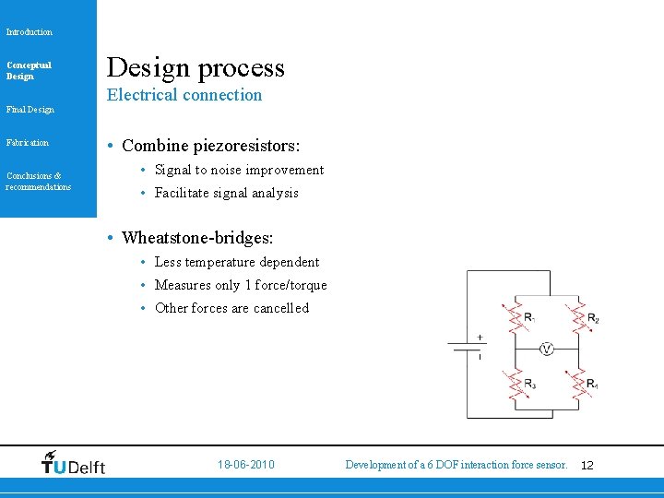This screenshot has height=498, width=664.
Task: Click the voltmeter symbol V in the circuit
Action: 546,350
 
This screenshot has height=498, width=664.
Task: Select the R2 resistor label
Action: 593,319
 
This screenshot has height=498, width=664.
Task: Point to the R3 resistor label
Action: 529,384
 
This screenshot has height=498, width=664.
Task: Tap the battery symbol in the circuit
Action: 467,347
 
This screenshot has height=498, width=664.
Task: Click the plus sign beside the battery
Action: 480,338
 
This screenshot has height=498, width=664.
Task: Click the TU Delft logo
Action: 74,463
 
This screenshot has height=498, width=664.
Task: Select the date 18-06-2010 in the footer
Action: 245,465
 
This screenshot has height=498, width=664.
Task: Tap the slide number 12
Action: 587,465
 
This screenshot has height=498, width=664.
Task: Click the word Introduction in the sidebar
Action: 30,32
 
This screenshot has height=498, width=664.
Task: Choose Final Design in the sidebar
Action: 30,110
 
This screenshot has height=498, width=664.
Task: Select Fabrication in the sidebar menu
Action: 28,143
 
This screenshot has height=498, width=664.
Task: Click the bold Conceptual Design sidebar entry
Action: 29,70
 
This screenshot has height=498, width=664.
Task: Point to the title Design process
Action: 196,67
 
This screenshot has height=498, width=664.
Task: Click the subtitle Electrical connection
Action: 184,95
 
